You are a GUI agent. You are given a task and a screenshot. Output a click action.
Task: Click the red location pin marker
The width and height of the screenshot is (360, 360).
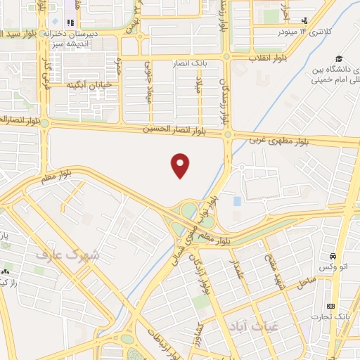coord(181,165)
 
